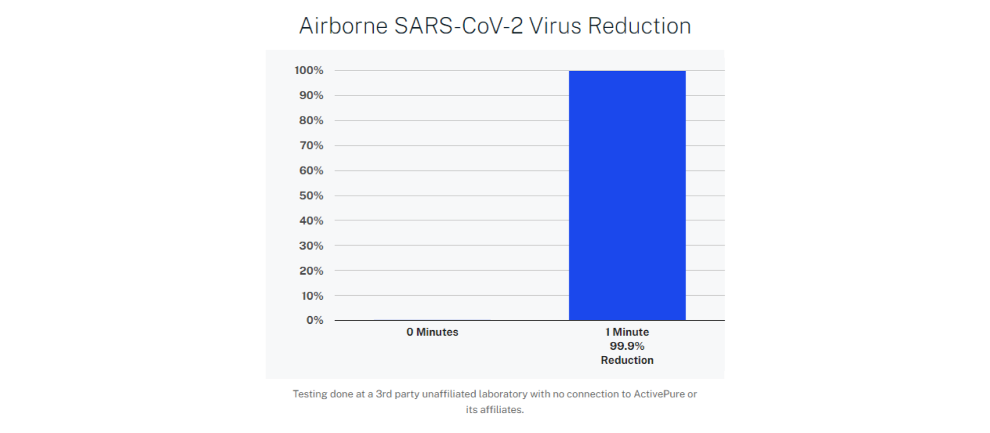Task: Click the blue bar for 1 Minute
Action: click(x=627, y=195)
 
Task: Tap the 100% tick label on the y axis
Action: click(x=309, y=71)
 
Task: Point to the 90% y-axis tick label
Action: click(x=311, y=96)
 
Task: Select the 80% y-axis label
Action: click(x=311, y=121)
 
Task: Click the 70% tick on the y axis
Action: click(x=311, y=146)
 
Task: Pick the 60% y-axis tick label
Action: click(x=311, y=171)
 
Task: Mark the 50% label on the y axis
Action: click(x=311, y=196)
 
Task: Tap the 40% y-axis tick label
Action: click(x=311, y=221)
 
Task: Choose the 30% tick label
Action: click(x=311, y=246)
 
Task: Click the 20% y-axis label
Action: click(x=311, y=271)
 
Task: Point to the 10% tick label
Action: click(x=312, y=296)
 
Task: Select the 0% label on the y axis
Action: click(x=315, y=320)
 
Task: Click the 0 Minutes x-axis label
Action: click(x=433, y=332)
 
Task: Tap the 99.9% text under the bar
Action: click(x=627, y=346)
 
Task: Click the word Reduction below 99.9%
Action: click(x=627, y=360)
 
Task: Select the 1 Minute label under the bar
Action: click(x=627, y=332)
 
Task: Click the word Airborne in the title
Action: click(x=344, y=26)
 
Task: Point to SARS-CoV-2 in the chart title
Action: click(x=459, y=26)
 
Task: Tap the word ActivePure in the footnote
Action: click(x=659, y=394)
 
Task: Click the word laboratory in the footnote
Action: click(x=503, y=394)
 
